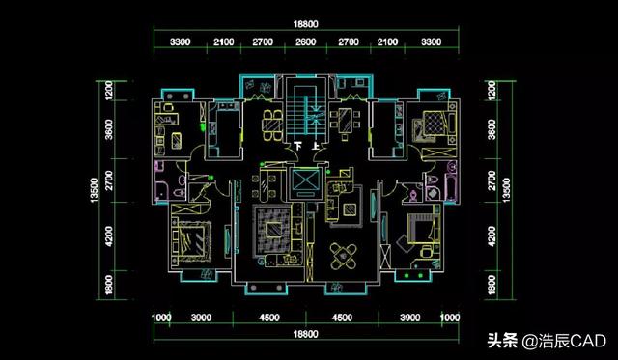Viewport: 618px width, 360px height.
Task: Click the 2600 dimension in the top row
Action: point(305,42)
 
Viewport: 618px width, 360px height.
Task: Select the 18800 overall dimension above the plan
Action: point(305,24)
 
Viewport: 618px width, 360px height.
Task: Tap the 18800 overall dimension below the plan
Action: point(305,334)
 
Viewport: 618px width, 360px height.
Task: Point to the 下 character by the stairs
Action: point(298,146)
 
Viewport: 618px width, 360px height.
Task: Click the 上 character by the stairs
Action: point(316,146)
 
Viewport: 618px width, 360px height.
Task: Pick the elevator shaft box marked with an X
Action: point(305,183)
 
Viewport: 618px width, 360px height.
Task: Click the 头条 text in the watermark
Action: point(502,341)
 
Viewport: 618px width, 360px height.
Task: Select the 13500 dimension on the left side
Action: point(95,190)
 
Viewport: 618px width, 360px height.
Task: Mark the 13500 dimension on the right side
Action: point(506,190)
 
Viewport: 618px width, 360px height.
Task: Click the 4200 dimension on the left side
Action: point(109,236)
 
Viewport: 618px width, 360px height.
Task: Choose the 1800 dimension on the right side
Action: point(492,285)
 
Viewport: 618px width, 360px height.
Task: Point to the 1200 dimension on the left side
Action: point(109,90)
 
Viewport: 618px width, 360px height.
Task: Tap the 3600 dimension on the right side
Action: point(492,129)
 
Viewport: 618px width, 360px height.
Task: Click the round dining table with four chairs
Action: point(343,256)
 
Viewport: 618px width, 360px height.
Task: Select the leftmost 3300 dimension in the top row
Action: point(181,42)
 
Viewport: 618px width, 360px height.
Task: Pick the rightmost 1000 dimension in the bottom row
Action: point(450,318)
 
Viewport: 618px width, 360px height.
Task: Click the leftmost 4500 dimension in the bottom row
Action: point(269,318)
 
